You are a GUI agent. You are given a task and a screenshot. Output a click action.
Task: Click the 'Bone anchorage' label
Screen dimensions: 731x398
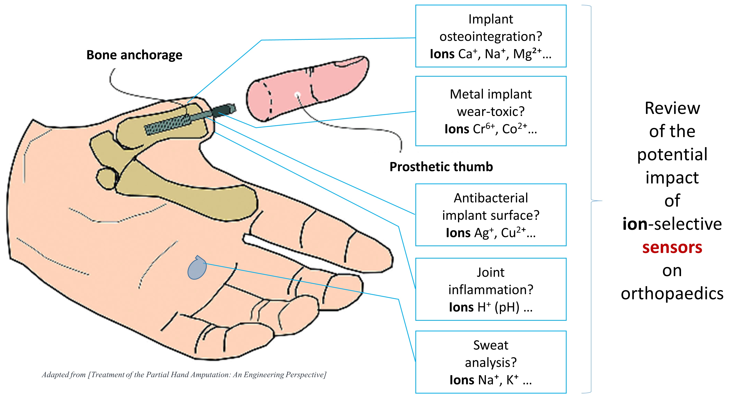pyautogui.click(x=134, y=55)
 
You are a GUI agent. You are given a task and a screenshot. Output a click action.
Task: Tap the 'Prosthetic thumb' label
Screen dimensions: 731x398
pyautogui.click(x=441, y=167)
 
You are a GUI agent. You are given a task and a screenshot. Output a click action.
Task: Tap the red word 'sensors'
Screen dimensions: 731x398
pyautogui.click(x=672, y=247)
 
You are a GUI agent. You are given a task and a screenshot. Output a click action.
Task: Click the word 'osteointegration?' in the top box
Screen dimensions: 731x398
pyautogui.click(x=491, y=36)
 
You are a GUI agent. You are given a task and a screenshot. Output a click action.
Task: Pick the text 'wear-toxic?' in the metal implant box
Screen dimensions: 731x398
pyautogui.click(x=491, y=111)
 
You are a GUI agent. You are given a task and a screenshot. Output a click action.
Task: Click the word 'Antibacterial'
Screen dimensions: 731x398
pyautogui.click(x=491, y=198)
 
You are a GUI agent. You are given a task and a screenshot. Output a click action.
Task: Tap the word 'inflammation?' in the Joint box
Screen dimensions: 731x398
pyautogui.click(x=491, y=290)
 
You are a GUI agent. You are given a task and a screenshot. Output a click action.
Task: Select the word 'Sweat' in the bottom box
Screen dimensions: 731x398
pyautogui.click(x=491, y=345)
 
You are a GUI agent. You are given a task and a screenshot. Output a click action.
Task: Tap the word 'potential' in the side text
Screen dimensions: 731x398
pyautogui.click(x=672, y=155)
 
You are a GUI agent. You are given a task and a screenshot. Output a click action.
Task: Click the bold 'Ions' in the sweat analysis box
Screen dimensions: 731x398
pyautogui.click(x=463, y=380)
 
